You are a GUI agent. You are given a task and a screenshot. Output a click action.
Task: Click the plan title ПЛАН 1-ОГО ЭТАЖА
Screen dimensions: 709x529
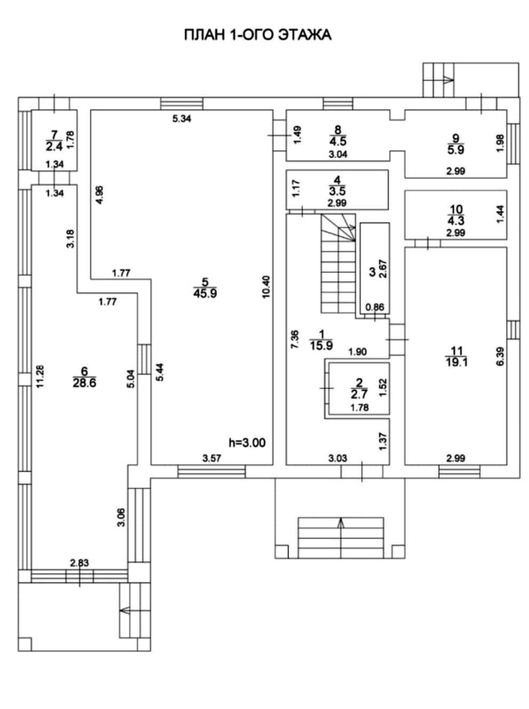click(258, 35)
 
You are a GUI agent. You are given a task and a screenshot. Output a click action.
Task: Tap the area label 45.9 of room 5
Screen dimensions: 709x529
click(205, 293)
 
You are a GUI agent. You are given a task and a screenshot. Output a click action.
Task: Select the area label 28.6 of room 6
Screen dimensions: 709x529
click(84, 383)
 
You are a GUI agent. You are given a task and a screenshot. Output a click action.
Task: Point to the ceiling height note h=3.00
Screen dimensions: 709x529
click(247, 442)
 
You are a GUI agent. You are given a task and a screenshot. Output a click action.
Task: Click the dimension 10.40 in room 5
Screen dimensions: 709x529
click(267, 285)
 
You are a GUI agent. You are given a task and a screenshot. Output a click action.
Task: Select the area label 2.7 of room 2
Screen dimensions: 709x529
click(359, 394)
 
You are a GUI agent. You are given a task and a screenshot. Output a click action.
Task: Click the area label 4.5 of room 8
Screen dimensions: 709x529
click(337, 141)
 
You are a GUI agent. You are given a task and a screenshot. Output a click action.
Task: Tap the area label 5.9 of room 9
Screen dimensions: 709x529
click(456, 150)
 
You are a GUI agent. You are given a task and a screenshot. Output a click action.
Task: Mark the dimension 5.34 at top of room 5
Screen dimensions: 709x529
click(182, 118)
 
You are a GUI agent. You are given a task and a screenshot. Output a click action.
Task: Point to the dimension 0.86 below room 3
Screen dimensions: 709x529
click(375, 307)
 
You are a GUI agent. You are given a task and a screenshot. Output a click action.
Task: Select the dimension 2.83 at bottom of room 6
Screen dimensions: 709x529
click(79, 562)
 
